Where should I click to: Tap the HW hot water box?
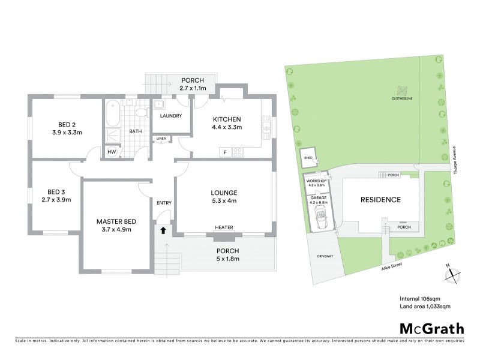(x=112, y=152)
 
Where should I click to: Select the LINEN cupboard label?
(x=161, y=139)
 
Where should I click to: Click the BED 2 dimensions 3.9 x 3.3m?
(x=66, y=132)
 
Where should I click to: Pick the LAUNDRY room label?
(x=170, y=116)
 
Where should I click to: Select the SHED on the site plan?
(x=310, y=158)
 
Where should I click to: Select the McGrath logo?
(x=431, y=328)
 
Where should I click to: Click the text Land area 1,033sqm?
(x=425, y=307)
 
